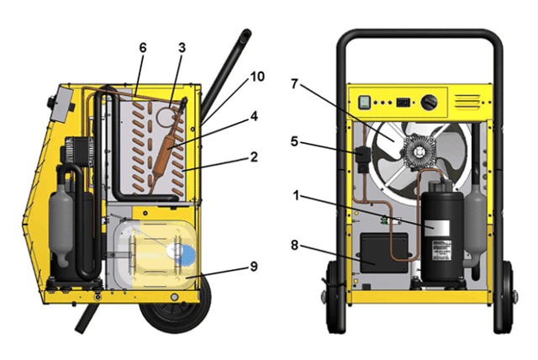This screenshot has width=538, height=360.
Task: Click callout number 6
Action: [142, 49]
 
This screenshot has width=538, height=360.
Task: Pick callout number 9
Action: [253, 267]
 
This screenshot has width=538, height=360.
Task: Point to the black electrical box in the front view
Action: [384, 251]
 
